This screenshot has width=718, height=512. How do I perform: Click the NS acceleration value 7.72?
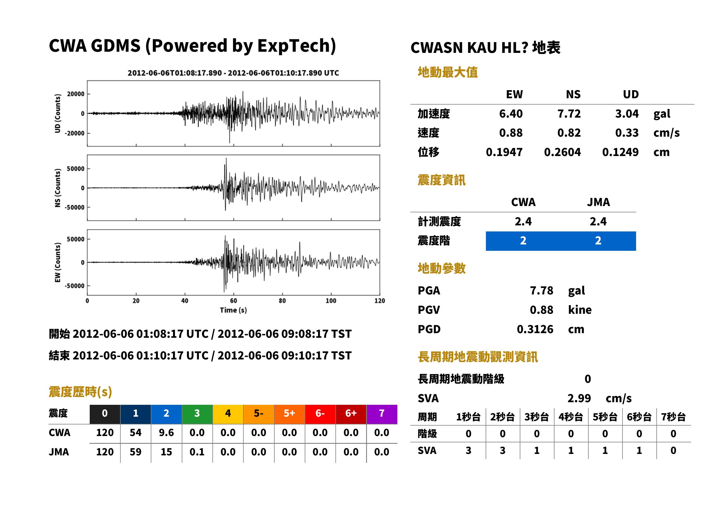click(569, 114)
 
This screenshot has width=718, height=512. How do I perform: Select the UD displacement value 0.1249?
click(620, 152)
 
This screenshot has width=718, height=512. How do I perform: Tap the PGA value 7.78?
click(541, 290)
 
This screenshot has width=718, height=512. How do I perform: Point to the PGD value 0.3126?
click(535, 329)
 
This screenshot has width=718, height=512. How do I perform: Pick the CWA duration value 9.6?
click(166, 433)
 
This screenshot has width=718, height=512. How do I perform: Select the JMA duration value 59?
click(135, 452)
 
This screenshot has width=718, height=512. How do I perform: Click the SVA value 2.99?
click(579, 398)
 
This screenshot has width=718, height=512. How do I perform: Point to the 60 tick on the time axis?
click(233, 301)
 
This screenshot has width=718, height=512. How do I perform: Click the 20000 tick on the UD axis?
click(76, 94)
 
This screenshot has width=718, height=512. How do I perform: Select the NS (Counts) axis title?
click(58, 188)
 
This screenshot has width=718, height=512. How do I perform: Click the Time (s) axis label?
click(233, 310)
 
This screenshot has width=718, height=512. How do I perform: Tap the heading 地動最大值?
click(448, 72)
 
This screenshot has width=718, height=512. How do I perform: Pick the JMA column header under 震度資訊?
click(598, 202)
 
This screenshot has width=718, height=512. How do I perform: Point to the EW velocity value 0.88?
click(511, 133)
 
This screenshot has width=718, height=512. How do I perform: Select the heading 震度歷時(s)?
click(80, 392)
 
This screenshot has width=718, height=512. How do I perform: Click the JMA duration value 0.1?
click(197, 452)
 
